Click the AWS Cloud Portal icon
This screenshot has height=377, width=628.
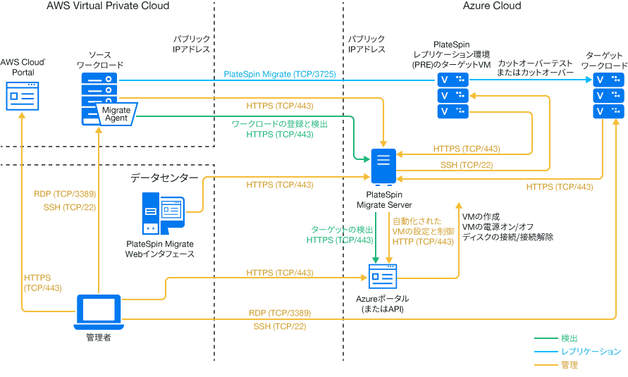click(x=23, y=94)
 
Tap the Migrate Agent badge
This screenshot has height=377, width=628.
click(x=115, y=114)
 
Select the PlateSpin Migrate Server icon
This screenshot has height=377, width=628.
click(x=382, y=167)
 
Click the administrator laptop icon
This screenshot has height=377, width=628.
click(x=98, y=312)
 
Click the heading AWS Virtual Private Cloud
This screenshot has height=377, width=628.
click(x=108, y=6)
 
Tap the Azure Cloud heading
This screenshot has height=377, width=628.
click(x=492, y=6)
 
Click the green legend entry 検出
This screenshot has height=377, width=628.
click(x=569, y=339)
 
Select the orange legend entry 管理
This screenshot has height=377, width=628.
click(x=569, y=364)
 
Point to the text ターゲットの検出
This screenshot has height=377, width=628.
click(x=342, y=230)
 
